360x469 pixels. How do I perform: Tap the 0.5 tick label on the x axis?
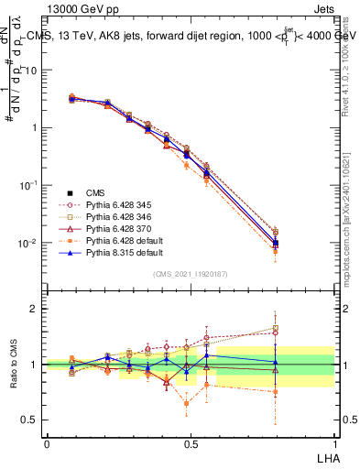[x=191, y=442]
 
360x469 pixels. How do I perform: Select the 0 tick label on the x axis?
[x=47, y=442]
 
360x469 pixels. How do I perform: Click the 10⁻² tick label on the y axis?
[x=27, y=244]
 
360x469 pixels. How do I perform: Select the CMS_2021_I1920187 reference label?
[x=190, y=274]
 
